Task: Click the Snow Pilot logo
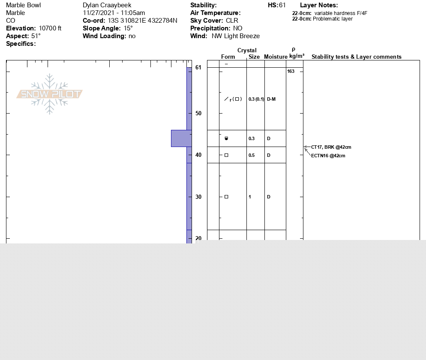[x=49, y=94]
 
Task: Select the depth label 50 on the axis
[x=198, y=113]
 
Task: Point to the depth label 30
[x=198, y=197]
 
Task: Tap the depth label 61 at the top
[x=198, y=67]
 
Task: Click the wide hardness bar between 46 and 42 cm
[x=181, y=138]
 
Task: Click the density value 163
[x=291, y=71]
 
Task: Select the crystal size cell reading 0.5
[x=252, y=155]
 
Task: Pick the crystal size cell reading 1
[x=250, y=197]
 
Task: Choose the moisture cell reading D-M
[x=271, y=99]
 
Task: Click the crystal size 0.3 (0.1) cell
[x=256, y=99]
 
